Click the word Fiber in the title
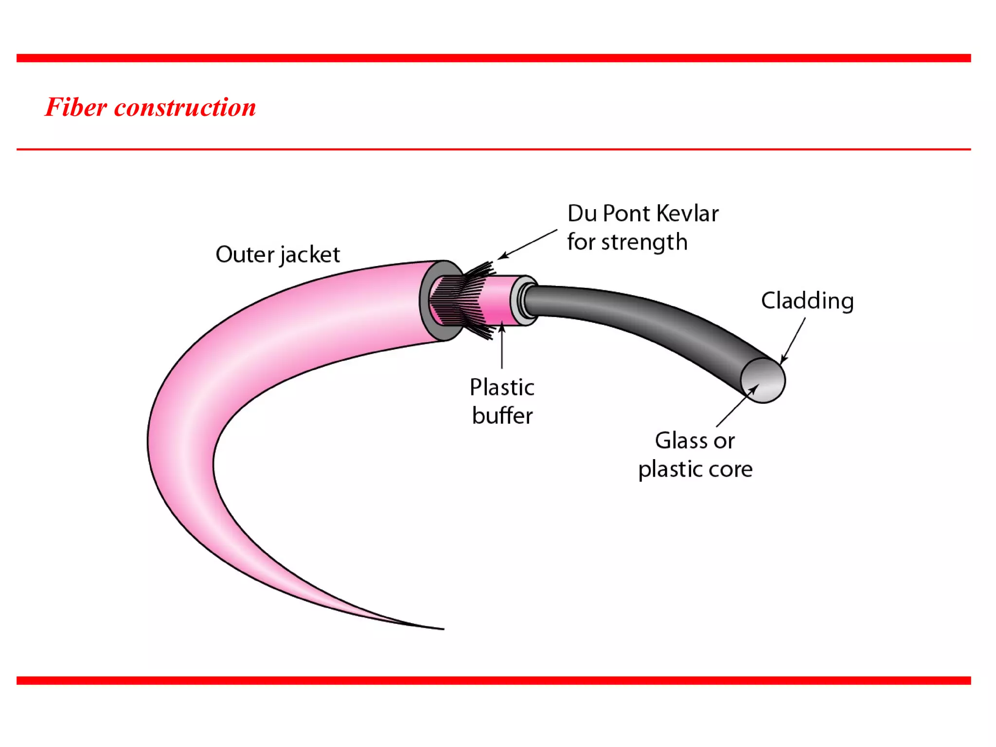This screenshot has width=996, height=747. coord(76,107)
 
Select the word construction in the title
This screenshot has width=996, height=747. coord(185,107)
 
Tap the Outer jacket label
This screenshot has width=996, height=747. coord(277,255)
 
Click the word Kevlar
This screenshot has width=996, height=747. coord(687,213)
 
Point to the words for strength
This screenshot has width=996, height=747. coord(627,242)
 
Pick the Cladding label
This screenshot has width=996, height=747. coord(807,301)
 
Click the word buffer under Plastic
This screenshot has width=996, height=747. coord(502,416)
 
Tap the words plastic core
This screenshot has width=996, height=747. coord(695,469)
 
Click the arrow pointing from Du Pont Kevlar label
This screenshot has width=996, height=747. coord(528,244)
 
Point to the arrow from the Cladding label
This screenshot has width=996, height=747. coord(793,340)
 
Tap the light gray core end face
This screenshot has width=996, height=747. coord(763,381)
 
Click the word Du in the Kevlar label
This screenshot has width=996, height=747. coord(582,213)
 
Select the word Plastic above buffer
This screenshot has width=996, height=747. coord(502,388)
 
